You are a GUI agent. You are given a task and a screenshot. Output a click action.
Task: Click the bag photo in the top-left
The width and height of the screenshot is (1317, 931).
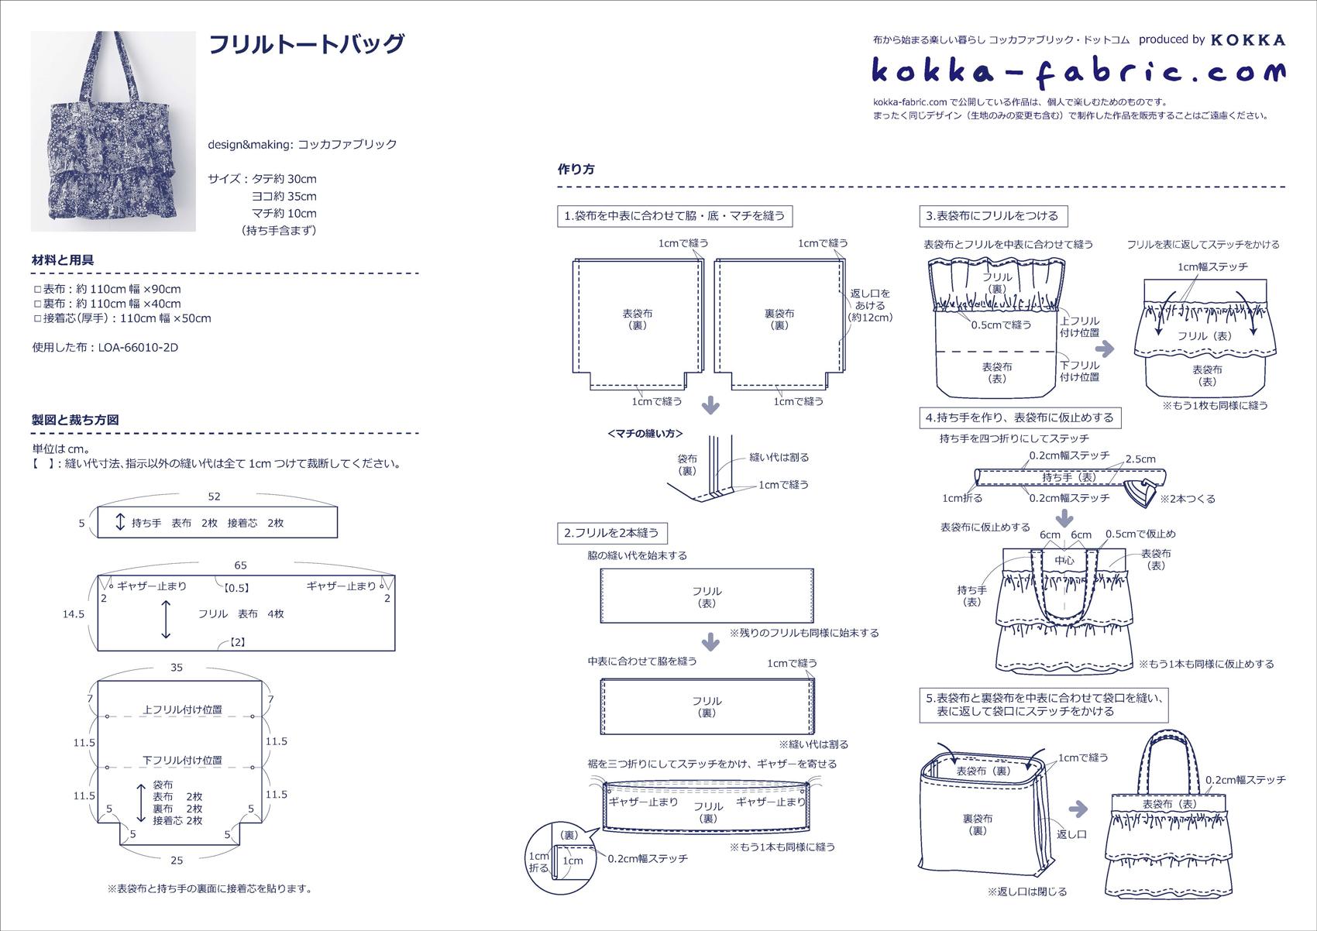[x=113, y=131]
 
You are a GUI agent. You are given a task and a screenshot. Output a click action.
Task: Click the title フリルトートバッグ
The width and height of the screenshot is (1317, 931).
[x=306, y=44]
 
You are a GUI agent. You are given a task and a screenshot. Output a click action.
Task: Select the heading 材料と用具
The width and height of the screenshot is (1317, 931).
[x=62, y=259]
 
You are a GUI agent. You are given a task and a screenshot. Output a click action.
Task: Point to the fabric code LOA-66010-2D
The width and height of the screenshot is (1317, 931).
[x=138, y=347]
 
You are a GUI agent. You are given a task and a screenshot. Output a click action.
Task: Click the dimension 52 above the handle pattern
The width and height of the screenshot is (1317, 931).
[x=214, y=496]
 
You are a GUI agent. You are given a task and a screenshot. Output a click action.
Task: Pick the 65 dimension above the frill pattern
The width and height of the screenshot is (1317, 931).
[x=240, y=565]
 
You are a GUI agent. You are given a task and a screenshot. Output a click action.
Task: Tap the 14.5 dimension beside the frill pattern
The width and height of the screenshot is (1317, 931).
[x=74, y=614]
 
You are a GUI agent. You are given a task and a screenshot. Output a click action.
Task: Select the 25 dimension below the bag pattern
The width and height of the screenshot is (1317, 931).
[x=177, y=861]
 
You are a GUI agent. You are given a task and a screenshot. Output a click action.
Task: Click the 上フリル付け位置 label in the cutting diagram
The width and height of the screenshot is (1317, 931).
[x=182, y=709]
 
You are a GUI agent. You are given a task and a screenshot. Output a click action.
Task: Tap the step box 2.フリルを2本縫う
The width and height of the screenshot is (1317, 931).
[x=612, y=533]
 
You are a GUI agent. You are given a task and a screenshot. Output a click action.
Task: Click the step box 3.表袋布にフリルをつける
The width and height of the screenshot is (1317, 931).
[x=993, y=215]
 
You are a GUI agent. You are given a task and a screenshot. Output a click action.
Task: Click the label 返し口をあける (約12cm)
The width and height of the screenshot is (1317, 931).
[x=870, y=306]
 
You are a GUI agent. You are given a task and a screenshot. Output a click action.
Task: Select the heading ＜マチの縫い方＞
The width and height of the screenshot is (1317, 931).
[x=645, y=434]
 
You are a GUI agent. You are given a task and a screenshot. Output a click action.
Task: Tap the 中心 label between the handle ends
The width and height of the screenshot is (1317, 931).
[x=1064, y=560]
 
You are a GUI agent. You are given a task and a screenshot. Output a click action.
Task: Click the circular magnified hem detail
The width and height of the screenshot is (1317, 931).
[x=561, y=857]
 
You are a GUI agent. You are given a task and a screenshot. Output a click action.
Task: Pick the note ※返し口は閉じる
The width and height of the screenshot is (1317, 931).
[x=1027, y=891]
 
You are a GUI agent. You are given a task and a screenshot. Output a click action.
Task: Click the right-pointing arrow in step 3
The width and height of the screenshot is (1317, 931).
[x=1105, y=349]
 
